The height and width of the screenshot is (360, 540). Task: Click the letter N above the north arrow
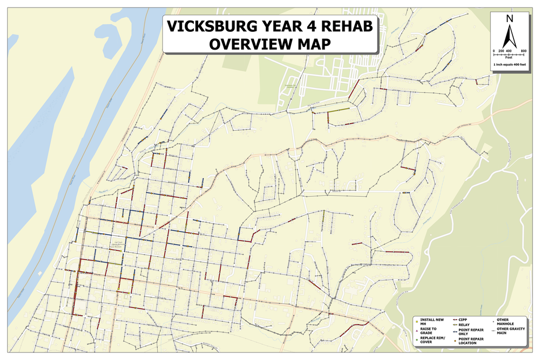(509, 19)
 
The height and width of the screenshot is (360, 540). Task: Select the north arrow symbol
(509, 37)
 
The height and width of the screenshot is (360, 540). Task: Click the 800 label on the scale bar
(523, 50)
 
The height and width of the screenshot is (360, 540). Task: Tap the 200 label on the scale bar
(501, 50)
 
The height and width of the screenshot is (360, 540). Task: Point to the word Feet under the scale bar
(509, 57)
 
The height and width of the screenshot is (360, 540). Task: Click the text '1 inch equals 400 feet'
(509, 65)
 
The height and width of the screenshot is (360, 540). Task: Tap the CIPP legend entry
(464, 320)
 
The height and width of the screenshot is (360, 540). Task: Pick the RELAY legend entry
(465, 325)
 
